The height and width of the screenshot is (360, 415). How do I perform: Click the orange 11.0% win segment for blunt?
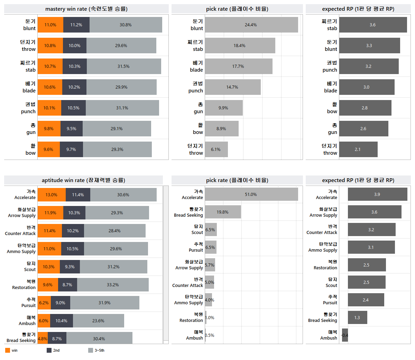tap(50, 25)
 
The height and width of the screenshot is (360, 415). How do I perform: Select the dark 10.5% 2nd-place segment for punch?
tap(73, 108)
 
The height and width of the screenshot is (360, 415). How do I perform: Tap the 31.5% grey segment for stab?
tap(124, 66)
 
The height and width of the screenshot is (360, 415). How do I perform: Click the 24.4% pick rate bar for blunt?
tap(251, 25)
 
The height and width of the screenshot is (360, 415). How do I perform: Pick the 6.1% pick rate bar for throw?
tap(216, 149)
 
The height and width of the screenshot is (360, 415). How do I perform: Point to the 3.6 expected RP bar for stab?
tap(373, 25)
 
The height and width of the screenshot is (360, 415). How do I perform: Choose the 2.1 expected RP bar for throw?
tap(358, 149)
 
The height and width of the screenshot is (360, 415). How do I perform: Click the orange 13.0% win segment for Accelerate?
tap(52, 195)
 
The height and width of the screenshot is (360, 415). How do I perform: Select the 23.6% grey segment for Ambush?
tap(98, 321)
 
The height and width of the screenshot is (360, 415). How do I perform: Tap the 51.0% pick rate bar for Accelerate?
tap(251, 194)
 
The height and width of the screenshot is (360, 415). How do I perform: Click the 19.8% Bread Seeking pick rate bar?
tap(223, 212)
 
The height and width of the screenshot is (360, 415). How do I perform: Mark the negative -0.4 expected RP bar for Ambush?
tap(345, 335)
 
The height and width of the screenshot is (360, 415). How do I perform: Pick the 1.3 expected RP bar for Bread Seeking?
tap(358, 317)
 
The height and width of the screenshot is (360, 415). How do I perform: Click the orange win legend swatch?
tap(7, 350)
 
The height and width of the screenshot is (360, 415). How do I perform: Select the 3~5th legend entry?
tap(96, 350)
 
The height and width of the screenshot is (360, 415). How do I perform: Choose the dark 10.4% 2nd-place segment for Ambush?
tap(62, 321)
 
